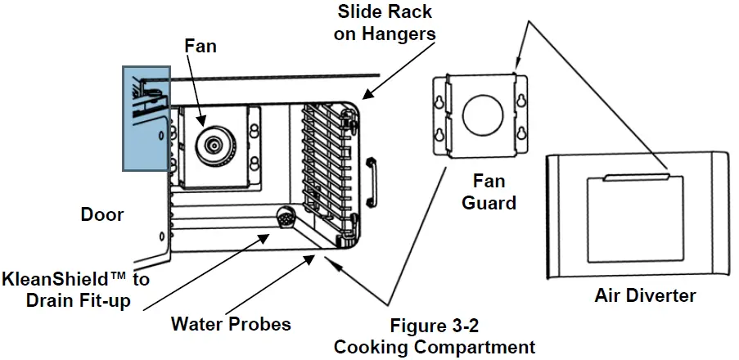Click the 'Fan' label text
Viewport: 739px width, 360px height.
pyautogui.click(x=201, y=46)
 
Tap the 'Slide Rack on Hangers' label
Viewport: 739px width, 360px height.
pyautogui.click(x=385, y=24)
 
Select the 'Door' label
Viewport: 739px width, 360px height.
pyautogui.click(x=102, y=215)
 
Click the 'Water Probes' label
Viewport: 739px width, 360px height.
pyautogui.click(x=231, y=324)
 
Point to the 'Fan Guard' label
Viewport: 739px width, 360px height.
pyautogui.click(x=489, y=191)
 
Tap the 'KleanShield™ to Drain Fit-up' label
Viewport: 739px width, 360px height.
pyautogui.click(x=76, y=290)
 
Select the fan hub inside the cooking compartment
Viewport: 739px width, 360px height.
pyautogui.click(x=213, y=145)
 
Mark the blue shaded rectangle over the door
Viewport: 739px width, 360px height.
pyautogui.click(x=146, y=118)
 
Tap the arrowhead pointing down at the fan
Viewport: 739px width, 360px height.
pyautogui.click(x=201, y=124)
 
